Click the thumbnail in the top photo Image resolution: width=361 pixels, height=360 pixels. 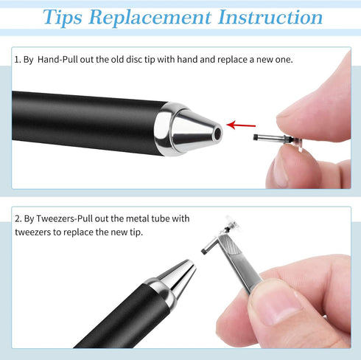[283, 169]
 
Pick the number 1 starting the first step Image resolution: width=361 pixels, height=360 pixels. [16, 59]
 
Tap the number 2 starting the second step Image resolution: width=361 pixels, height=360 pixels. [17, 218]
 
